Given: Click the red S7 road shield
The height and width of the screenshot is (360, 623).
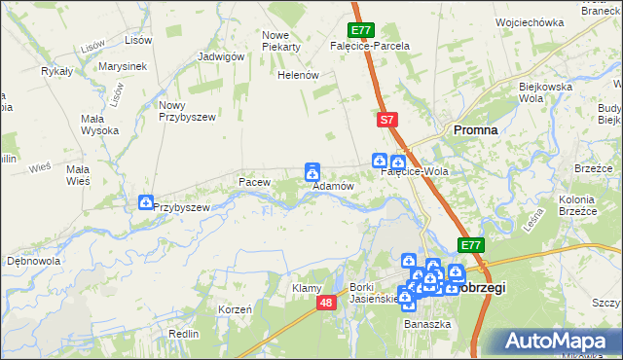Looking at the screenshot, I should tap(386, 120).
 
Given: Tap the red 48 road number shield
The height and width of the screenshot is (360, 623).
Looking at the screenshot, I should tap(326, 304).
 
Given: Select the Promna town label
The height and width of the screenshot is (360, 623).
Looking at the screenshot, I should tap(474, 129).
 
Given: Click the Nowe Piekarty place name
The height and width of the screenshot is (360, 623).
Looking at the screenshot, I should tap(281, 41).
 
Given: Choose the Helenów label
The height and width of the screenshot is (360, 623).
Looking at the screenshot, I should tap(299, 75).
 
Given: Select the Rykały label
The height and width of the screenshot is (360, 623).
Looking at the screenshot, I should tap(56, 72).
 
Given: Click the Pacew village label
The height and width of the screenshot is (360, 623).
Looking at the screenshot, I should tap(253, 182).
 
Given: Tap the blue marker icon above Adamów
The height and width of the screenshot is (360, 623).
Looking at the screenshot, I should tap(312, 171).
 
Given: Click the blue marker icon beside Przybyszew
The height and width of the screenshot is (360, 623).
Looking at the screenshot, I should tap(146, 202).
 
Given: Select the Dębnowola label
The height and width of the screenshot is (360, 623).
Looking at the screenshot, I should tap(34, 262).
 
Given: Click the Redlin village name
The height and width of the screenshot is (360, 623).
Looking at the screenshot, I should tap(184, 334).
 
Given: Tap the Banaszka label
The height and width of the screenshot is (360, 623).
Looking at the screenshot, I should tap(428, 323).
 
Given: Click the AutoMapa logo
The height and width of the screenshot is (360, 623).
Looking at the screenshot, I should tap(560, 342).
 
